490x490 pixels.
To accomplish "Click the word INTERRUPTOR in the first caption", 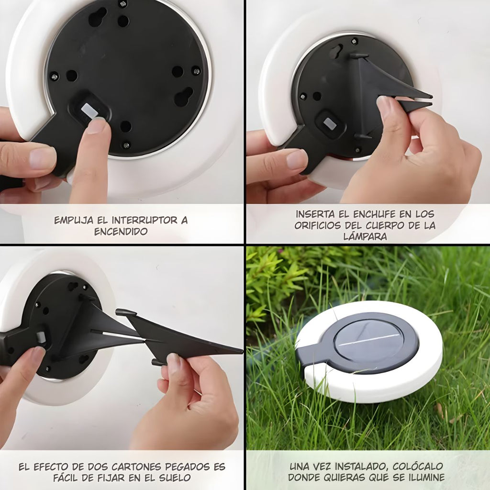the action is pos(145,220).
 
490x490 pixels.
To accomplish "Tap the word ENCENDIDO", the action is pos(121,232).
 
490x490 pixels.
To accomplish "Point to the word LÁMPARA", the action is pos(365,236).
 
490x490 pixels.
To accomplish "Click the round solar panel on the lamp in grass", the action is pos(369,340).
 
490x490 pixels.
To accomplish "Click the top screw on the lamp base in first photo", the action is pos(123,4).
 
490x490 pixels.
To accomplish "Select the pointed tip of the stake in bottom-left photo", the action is pos(242,352).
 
